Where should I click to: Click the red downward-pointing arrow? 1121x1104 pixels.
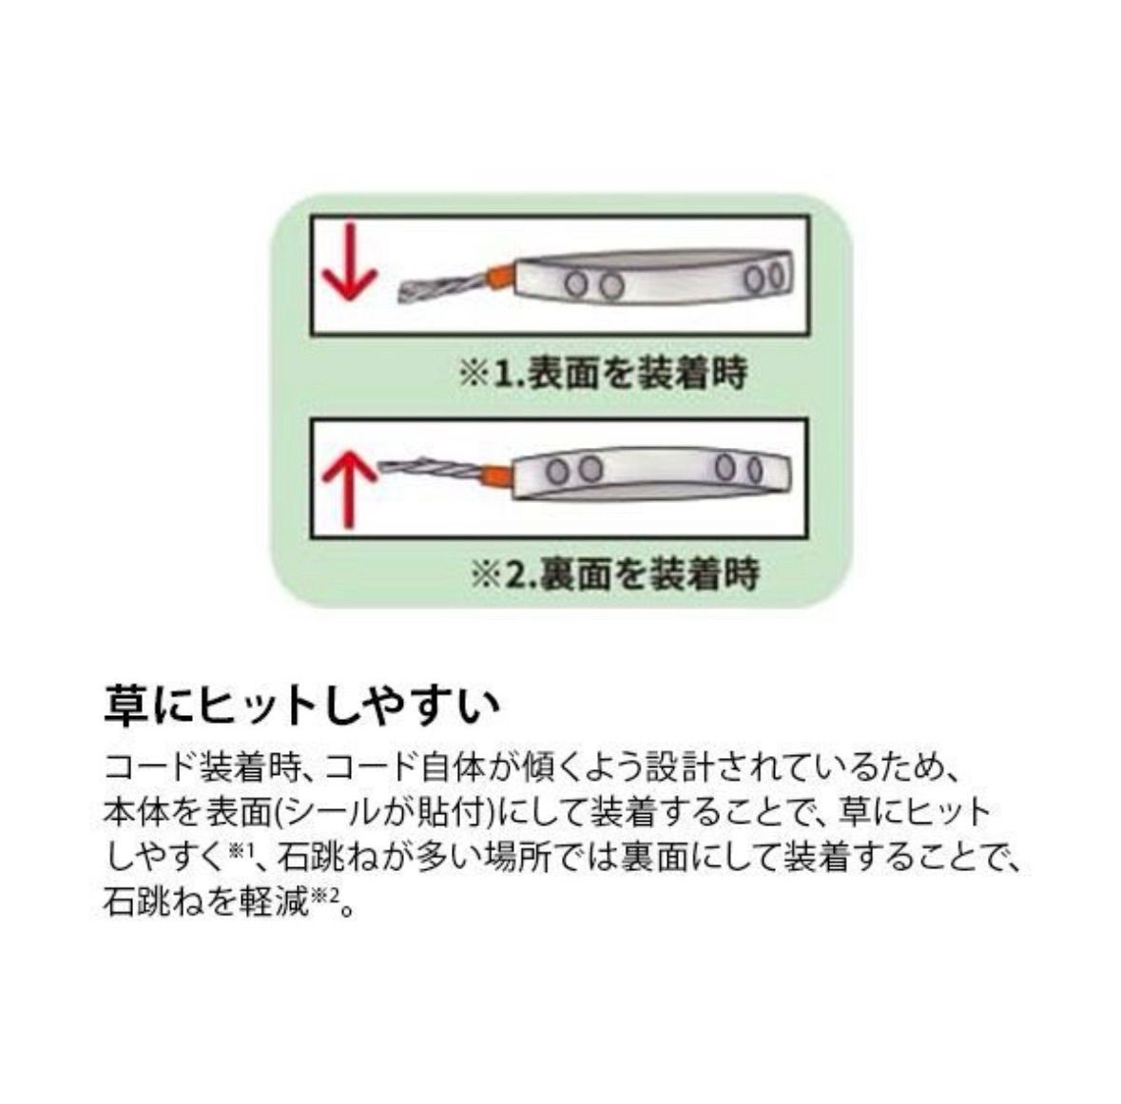pyautogui.click(x=348, y=265)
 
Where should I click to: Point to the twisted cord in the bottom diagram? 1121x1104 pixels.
pyautogui.click(x=427, y=469)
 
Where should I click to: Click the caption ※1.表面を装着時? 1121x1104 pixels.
pyautogui.click(x=603, y=374)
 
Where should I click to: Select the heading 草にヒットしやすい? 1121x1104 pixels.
pyautogui.click(x=301, y=706)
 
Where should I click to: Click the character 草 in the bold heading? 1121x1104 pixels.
pyautogui.click(x=126, y=706)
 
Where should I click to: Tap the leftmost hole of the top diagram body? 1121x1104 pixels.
pyautogui.click(x=574, y=284)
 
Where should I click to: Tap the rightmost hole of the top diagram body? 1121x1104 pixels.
pyautogui.click(x=776, y=276)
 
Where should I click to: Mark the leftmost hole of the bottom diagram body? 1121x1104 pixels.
pyautogui.click(x=557, y=471)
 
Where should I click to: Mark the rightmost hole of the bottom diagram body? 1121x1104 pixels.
pyautogui.click(x=755, y=469)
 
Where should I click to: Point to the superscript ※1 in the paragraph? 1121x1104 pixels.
pyautogui.click(x=241, y=851)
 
